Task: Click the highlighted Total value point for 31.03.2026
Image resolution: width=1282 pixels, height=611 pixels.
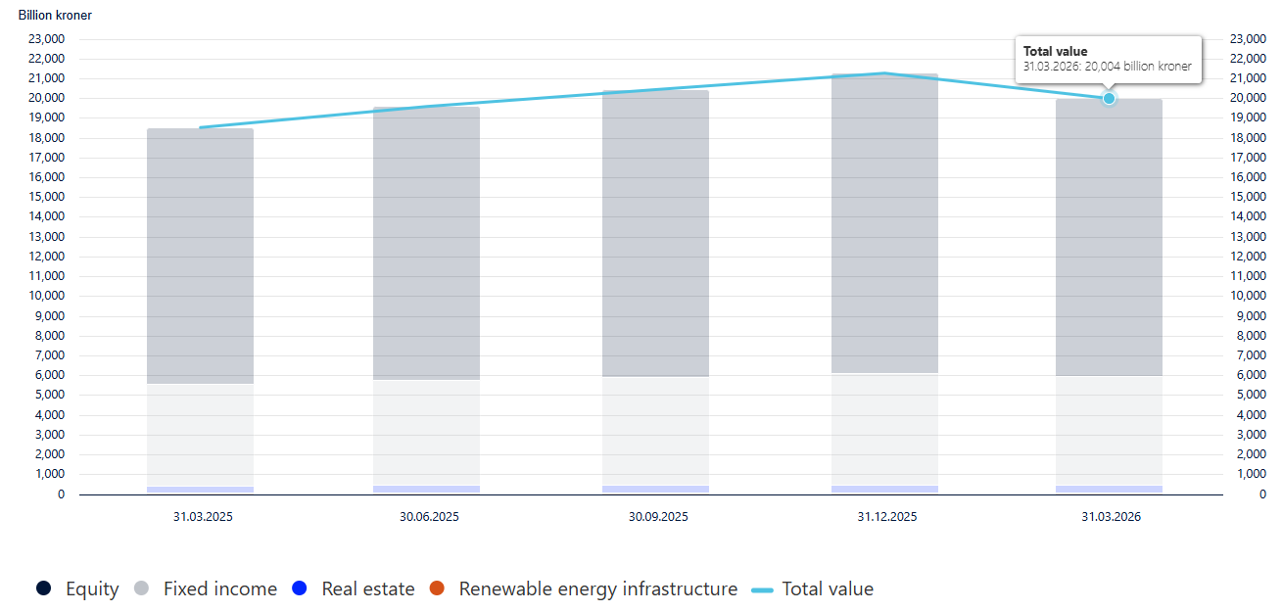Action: pyautogui.click(x=1109, y=98)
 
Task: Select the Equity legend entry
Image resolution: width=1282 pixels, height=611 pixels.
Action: pyautogui.click(x=77, y=588)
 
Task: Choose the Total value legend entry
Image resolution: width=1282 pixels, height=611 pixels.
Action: pyautogui.click(x=812, y=588)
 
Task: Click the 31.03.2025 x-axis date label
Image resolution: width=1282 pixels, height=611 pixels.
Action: pyautogui.click(x=200, y=516)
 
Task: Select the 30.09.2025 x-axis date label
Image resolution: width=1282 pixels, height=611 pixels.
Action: pyautogui.click(x=655, y=516)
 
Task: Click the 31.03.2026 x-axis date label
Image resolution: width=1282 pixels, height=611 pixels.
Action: pyautogui.click(x=1110, y=516)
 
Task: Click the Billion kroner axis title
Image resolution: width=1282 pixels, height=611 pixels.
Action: pyautogui.click(x=55, y=16)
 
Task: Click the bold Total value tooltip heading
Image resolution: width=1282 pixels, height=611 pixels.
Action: pyautogui.click(x=1055, y=51)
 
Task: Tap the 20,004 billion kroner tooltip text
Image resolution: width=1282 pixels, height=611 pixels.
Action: pyautogui.click(x=1107, y=67)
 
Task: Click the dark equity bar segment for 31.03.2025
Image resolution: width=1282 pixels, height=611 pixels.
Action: pyautogui.click(x=200, y=255)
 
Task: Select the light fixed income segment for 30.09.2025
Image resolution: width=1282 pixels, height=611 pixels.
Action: pyautogui.click(x=655, y=431)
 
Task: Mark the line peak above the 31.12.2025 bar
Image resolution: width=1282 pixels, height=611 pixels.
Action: pyautogui.click(x=884, y=72)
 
